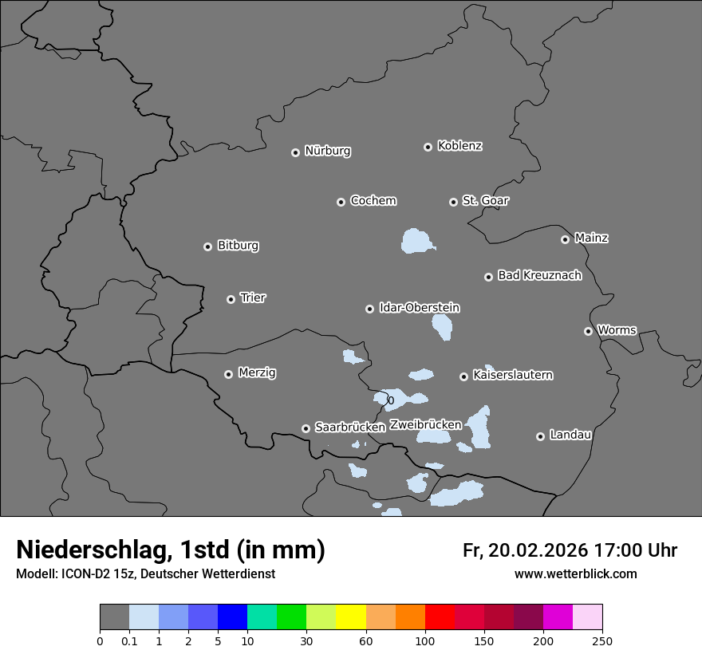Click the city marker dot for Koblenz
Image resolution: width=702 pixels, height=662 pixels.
click(x=428, y=147)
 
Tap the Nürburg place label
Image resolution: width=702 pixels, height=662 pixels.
click(x=327, y=151)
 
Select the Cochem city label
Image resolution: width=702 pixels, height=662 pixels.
click(x=373, y=200)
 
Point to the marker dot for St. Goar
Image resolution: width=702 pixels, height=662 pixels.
click(x=453, y=202)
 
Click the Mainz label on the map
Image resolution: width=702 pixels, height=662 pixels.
click(x=591, y=238)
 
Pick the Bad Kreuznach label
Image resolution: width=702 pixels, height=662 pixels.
click(x=539, y=275)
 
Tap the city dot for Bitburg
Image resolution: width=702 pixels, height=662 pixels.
click(x=207, y=246)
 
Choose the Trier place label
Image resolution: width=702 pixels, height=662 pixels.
click(x=253, y=298)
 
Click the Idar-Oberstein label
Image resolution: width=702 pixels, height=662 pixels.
click(x=419, y=308)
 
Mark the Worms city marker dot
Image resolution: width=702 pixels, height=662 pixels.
click(x=588, y=331)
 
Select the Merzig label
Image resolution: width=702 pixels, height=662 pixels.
click(x=257, y=372)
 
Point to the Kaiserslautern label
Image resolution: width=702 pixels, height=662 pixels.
click(x=512, y=375)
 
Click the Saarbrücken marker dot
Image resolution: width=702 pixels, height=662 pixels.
click(x=306, y=428)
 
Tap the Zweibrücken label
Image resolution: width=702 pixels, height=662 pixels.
click(x=425, y=425)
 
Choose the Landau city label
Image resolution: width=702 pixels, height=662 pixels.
click(x=570, y=435)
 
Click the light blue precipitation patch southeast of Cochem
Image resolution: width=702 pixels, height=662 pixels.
click(x=417, y=241)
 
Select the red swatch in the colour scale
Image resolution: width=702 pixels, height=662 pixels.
click(x=440, y=617)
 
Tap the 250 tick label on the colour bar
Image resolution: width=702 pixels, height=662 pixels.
click(x=602, y=640)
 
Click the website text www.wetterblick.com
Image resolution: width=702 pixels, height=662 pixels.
click(x=575, y=574)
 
